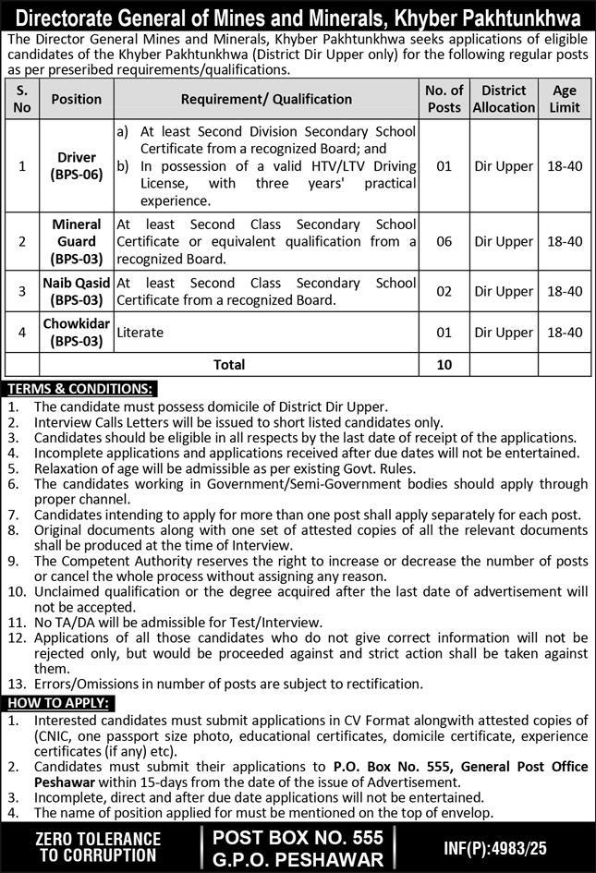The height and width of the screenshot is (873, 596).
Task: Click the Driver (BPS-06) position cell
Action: tap(76, 166)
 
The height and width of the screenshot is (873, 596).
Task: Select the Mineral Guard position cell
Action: tap(76, 241)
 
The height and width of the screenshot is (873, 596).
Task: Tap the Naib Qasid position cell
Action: tap(76, 291)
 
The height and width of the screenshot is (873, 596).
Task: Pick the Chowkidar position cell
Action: tap(76, 332)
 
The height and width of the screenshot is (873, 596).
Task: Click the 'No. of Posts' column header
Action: tap(444, 99)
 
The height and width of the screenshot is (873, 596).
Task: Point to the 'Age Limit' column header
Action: tap(565, 99)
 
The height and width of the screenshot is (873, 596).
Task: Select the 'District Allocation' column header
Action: tap(504, 99)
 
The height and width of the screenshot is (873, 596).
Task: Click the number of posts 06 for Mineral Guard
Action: tap(444, 241)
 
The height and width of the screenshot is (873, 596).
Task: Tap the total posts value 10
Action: tap(444, 365)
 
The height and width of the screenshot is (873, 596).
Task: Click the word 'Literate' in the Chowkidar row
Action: tap(140, 333)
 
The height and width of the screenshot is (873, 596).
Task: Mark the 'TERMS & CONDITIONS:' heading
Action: tap(79, 389)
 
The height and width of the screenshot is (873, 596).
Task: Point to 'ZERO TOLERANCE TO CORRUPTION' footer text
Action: tap(97, 846)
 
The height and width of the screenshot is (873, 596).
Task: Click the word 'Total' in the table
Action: tap(229, 365)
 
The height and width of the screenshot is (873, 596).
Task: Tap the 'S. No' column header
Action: tap(23, 99)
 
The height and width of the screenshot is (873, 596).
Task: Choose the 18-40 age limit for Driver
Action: tap(565, 166)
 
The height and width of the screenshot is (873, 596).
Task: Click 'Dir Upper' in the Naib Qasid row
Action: tap(504, 291)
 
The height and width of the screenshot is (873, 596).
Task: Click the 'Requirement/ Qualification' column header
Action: tap(266, 99)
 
